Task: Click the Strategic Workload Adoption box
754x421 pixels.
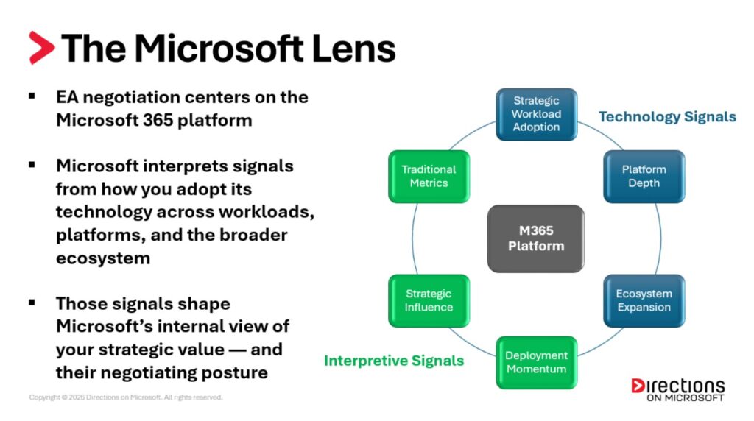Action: (536, 114)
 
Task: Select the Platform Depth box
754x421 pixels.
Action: (644, 177)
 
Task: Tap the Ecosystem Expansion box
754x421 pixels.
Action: (644, 300)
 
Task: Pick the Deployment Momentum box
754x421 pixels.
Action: (536, 362)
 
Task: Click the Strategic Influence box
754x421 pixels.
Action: (429, 300)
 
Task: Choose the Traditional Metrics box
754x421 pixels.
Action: (429, 177)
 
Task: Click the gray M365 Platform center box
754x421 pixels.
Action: (536, 238)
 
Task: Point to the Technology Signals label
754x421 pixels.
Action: (667, 117)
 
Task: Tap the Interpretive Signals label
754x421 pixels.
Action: (394, 361)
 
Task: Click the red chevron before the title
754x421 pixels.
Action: (42, 48)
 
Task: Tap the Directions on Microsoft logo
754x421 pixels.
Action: (677, 389)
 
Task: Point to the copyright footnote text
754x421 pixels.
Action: (125, 397)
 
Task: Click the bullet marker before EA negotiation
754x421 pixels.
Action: (32, 96)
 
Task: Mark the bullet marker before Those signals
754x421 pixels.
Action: (32, 303)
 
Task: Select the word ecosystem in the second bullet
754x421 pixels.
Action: (103, 258)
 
